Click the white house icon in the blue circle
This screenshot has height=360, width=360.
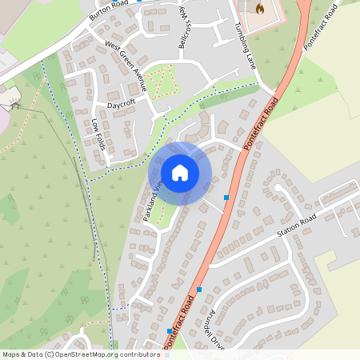pos(180,172)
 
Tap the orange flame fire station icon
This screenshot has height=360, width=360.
pos(259,8)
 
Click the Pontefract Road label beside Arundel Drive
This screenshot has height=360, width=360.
pos(180,320)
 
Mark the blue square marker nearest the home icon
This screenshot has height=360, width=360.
pos(226,197)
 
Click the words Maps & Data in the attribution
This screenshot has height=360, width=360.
pos(19,354)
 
